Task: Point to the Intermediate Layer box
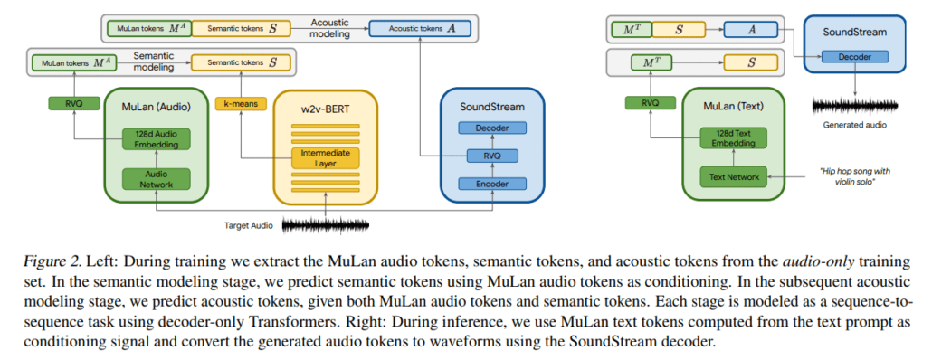(x=324, y=158)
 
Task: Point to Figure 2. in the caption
(x=59, y=261)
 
